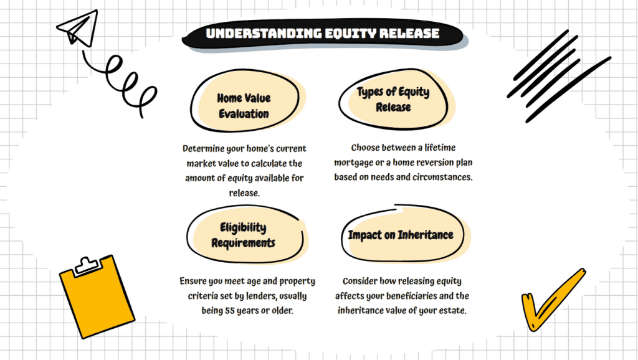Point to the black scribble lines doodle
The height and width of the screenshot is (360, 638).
[559, 76]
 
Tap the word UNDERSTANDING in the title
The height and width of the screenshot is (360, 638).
[264, 34]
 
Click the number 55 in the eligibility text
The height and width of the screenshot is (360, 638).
[230, 310]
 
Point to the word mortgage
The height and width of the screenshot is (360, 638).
[354, 163]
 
